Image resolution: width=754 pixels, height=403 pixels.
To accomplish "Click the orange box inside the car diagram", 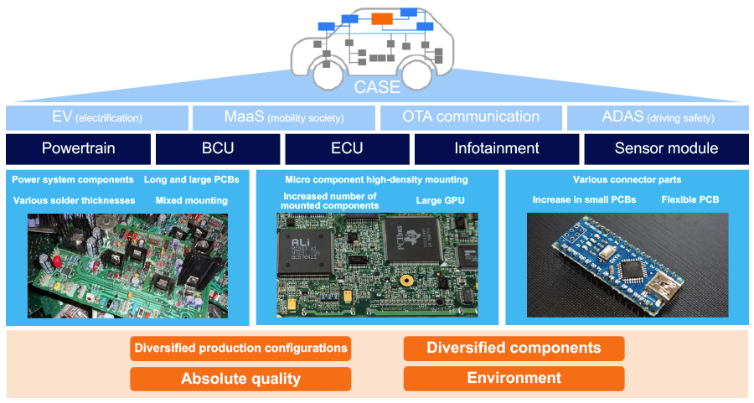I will pos(382,18).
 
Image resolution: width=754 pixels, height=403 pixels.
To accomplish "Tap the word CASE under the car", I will pos(376,86).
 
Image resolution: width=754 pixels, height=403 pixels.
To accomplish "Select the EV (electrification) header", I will pos(97,117).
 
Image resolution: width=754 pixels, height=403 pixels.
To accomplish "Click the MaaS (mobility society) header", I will pos(284,117).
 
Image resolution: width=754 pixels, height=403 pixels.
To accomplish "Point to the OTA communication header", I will pos(471,117).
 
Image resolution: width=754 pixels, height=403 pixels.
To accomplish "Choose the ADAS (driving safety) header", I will pos(658,117).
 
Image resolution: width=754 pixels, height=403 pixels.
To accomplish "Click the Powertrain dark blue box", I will pos(79,148).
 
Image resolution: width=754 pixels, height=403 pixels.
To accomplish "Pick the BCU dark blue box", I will pos(218,148).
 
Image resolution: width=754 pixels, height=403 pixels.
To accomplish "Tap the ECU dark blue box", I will pos(347,148).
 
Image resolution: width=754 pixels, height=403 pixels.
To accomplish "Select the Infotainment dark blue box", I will pos(497,148).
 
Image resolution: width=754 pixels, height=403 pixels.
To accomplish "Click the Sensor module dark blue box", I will pos(666,148).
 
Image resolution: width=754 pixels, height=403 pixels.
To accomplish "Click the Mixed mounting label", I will pos(191,201).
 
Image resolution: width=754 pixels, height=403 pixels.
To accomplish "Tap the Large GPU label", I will pos(441,201).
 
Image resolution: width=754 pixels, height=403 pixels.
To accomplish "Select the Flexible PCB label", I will pos(689,200).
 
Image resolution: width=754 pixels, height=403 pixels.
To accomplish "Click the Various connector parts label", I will pos(627,179).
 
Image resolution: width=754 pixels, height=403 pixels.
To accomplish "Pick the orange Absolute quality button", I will pos(240,379).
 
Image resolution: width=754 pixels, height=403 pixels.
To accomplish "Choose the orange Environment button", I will pos(514,378).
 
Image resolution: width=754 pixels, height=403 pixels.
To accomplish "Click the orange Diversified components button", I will pos(514,348).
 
